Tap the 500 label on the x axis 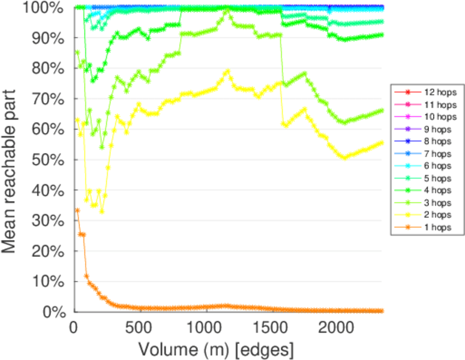(140, 328)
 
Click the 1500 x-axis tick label (272, 328)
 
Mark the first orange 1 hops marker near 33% (77, 210)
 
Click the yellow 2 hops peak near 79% (227, 71)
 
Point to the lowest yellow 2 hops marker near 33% (102, 211)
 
